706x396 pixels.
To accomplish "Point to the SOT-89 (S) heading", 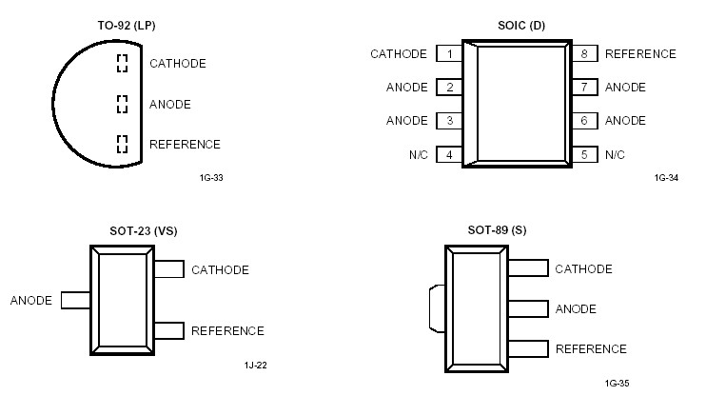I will [497, 230].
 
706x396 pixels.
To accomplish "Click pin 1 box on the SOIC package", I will [449, 54].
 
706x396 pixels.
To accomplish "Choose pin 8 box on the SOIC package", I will [583, 54].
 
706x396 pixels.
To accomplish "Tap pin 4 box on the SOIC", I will [449, 154].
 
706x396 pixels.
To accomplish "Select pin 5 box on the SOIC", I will [583, 154].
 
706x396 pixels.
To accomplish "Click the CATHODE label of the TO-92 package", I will [178, 64].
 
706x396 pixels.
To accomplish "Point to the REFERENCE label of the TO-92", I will [185, 145].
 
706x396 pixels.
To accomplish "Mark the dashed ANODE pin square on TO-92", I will [122, 104].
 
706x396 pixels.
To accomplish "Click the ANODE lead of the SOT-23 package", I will [75, 300].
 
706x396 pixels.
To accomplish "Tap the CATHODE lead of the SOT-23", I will [168, 269].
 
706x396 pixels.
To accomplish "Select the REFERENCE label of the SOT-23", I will [227, 331].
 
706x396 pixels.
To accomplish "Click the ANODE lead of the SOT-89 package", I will [528, 308].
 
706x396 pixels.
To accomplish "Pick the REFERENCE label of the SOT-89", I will [591, 349].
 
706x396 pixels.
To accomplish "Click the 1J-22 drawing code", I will [255, 365].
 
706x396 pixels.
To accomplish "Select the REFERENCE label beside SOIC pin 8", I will [640, 54].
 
